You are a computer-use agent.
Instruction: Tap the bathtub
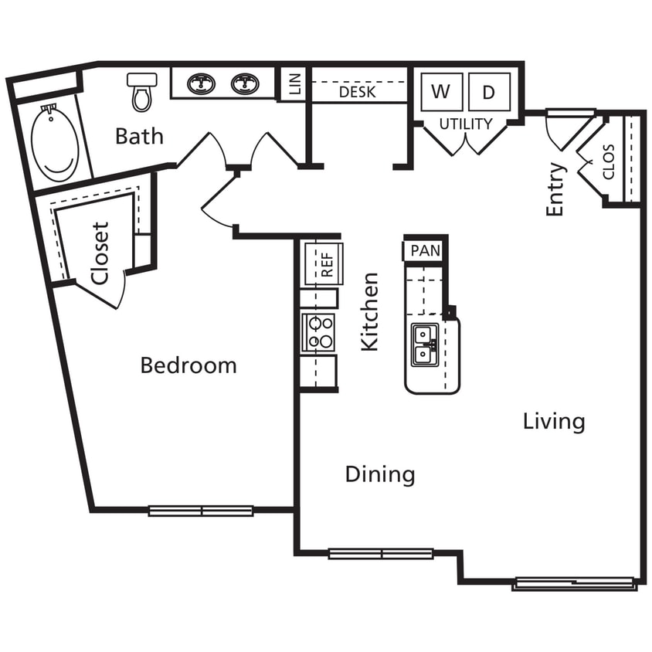click(54, 143)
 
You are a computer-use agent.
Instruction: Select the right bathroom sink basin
click(246, 83)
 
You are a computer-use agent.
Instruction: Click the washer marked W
click(440, 92)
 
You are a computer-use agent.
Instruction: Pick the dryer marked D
click(488, 92)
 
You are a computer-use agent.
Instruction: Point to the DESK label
click(358, 92)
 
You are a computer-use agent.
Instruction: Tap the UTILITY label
click(466, 124)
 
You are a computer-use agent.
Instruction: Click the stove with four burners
click(320, 332)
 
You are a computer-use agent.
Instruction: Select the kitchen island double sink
click(424, 345)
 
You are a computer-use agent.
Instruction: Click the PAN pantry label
click(425, 251)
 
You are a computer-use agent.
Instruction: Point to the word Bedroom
click(188, 365)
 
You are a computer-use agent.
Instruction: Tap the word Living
click(554, 422)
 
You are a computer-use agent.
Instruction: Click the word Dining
click(379, 474)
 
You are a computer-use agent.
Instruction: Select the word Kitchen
click(371, 311)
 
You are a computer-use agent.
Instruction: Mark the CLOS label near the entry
click(609, 161)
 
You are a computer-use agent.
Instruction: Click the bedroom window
click(201, 511)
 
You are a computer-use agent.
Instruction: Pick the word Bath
click(139, 137)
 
